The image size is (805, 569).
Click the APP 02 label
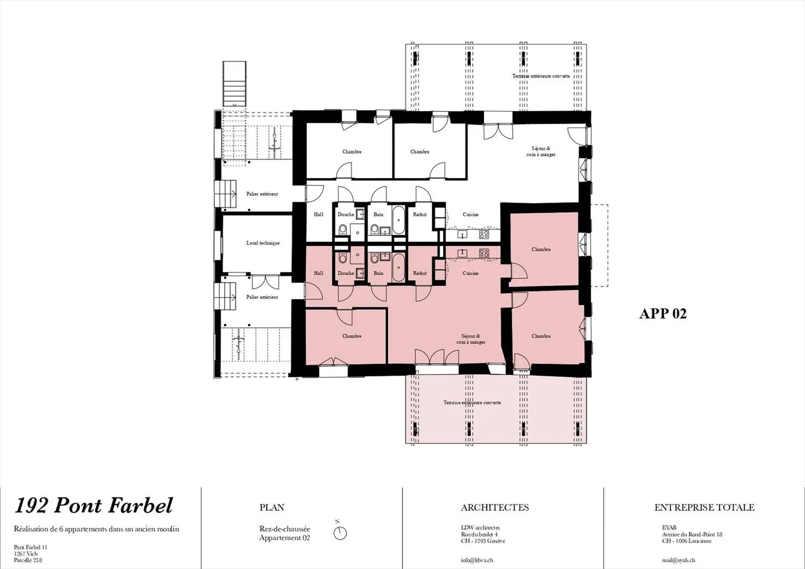click(x=662, y=314)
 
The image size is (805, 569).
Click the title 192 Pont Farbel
click(x=93, y=505)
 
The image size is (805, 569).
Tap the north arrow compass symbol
click(x=340, y=533)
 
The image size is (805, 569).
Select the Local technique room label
click(x=263, y=243)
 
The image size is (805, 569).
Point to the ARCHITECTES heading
click(x=494, y=508)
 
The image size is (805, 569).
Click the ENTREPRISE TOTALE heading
click(x=704, y=508)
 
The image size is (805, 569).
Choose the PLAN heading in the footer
click(x=272, y=508)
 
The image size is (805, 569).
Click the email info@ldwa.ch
click(x=477, y=560)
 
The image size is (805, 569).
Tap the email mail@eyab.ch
click(x=678, y=560)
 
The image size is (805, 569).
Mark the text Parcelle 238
click(x=28, y=560)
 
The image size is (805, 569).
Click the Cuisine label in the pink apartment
click(x=470, y=273)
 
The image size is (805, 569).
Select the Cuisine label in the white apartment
click(x=470, y=214)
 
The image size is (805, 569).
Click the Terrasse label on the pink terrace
click(x=472, y=403)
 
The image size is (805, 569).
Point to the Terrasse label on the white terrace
click(x=541, y=76)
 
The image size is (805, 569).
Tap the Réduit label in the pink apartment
click(x=420, y=273)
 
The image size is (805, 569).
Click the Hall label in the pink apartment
click(x=319, y=273)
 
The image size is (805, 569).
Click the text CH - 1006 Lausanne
click(x=686, y=541)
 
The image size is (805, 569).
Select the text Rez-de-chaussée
click(x=285, y=529)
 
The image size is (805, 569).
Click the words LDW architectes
click(x=480, y=528)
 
